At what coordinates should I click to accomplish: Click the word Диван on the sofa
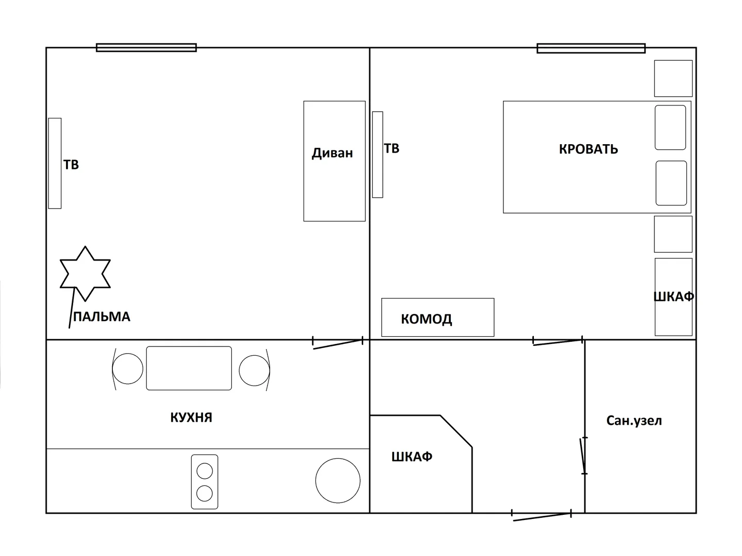pyautogui.click(x=332, y=153)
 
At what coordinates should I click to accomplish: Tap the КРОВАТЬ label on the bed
pyautogui.click(x=588, y=149)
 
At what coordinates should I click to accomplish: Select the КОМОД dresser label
pyautogui.click(x=426, y=319)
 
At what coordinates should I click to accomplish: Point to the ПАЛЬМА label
pyautogui.click(x=102, y=317)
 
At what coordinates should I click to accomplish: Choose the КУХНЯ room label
pyautogui.click(x=191, y=418)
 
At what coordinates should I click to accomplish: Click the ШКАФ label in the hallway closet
pyautogui.click(x=412, y=457)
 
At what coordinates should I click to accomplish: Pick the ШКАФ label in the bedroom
pyautogui.click(x=673, y=297)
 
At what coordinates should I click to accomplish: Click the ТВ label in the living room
pyautogui.click(x=71, y=165)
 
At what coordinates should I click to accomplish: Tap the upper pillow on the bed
pyautogui.click(x=670, y=127)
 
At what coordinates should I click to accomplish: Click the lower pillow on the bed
pyautogui.click(x=671, y=183)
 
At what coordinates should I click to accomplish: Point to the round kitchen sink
pyautogui.click(x=338, y=480)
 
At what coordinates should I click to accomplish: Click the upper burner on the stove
pyautogui.click(x=205, y=471)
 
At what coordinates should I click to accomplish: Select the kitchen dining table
pyautogui.click(x=189, y=368)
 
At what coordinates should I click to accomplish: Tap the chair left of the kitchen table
pyautogui.click(x=127, y=369)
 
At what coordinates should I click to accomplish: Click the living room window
pyautogui.click(x=146, y=47)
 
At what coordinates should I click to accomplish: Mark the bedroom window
pyautogui.click(x=591, y=48)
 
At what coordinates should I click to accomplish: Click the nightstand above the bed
pyautogui.click(x=673, y=78)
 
